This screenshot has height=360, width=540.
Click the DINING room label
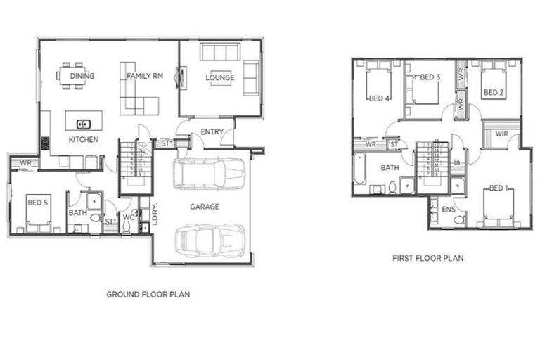pos(83,76)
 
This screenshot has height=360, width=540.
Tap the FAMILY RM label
pos(145,76)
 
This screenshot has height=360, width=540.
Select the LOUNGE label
pos(220,77)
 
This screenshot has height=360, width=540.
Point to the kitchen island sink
pos(83,124)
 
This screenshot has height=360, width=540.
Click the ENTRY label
pos(212,132)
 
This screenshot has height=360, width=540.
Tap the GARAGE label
pos(205,207)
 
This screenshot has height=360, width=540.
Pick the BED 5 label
pos(37,202)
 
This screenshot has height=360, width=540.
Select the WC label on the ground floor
pos(128,217)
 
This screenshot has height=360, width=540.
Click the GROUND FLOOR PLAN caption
pos(148,295)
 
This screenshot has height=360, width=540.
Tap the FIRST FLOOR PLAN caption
pos(427,258)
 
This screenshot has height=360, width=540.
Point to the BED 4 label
pos(378,98)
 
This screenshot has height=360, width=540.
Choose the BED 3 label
pos(430,77)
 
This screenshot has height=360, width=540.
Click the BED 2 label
pos(492,93)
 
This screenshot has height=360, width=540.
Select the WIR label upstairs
pos(502,134)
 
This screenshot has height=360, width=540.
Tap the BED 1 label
pos(499,188)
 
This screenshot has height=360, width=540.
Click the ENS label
pos(447,210)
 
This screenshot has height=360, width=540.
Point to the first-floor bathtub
pos(360,169)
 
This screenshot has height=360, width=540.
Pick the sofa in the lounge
pos(220,53)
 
